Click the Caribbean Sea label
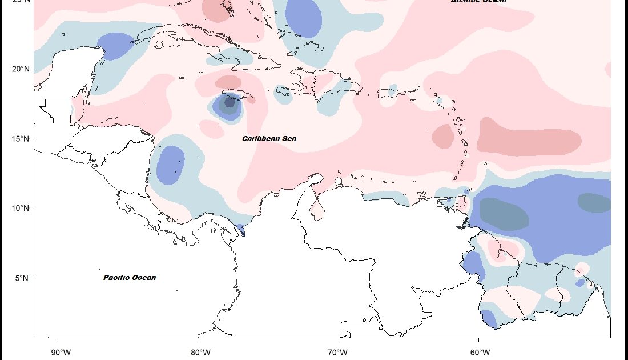269,139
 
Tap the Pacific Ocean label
130,278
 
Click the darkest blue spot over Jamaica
230,102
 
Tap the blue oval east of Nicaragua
170,165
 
